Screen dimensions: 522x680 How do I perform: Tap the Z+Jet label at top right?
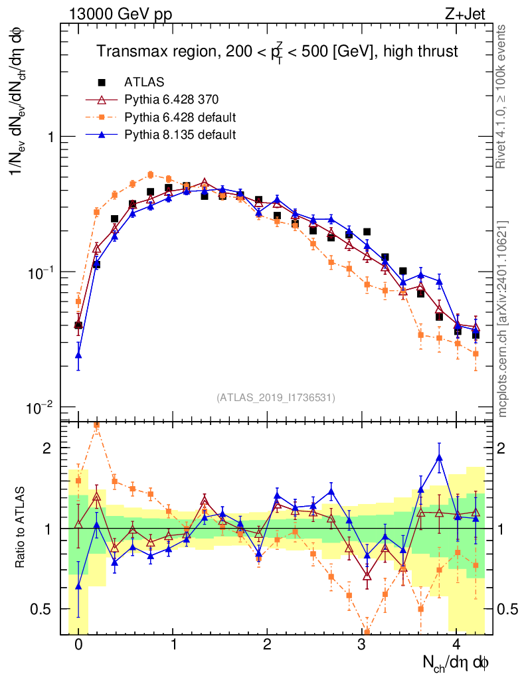(465, 14)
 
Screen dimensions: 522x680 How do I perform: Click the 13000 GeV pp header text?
(120, 15)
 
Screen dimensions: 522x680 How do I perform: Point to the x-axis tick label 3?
(361, 644)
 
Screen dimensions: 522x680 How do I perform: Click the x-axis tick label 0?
(78, 644)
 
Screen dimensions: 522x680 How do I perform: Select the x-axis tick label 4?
(456, 644)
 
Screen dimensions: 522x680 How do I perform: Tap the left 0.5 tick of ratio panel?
(41, 610)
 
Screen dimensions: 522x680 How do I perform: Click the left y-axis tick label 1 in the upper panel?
(50, 137)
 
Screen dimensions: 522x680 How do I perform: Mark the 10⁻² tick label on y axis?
(39, 408)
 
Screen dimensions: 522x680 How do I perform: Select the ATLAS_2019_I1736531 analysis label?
(276, 398)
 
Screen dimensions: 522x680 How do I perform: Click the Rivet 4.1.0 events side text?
(501, 97)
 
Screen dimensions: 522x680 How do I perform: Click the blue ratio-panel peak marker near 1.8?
(439, 458)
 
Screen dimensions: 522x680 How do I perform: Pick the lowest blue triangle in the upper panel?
(78, 355)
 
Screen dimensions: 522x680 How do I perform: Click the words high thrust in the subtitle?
(420, 52)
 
